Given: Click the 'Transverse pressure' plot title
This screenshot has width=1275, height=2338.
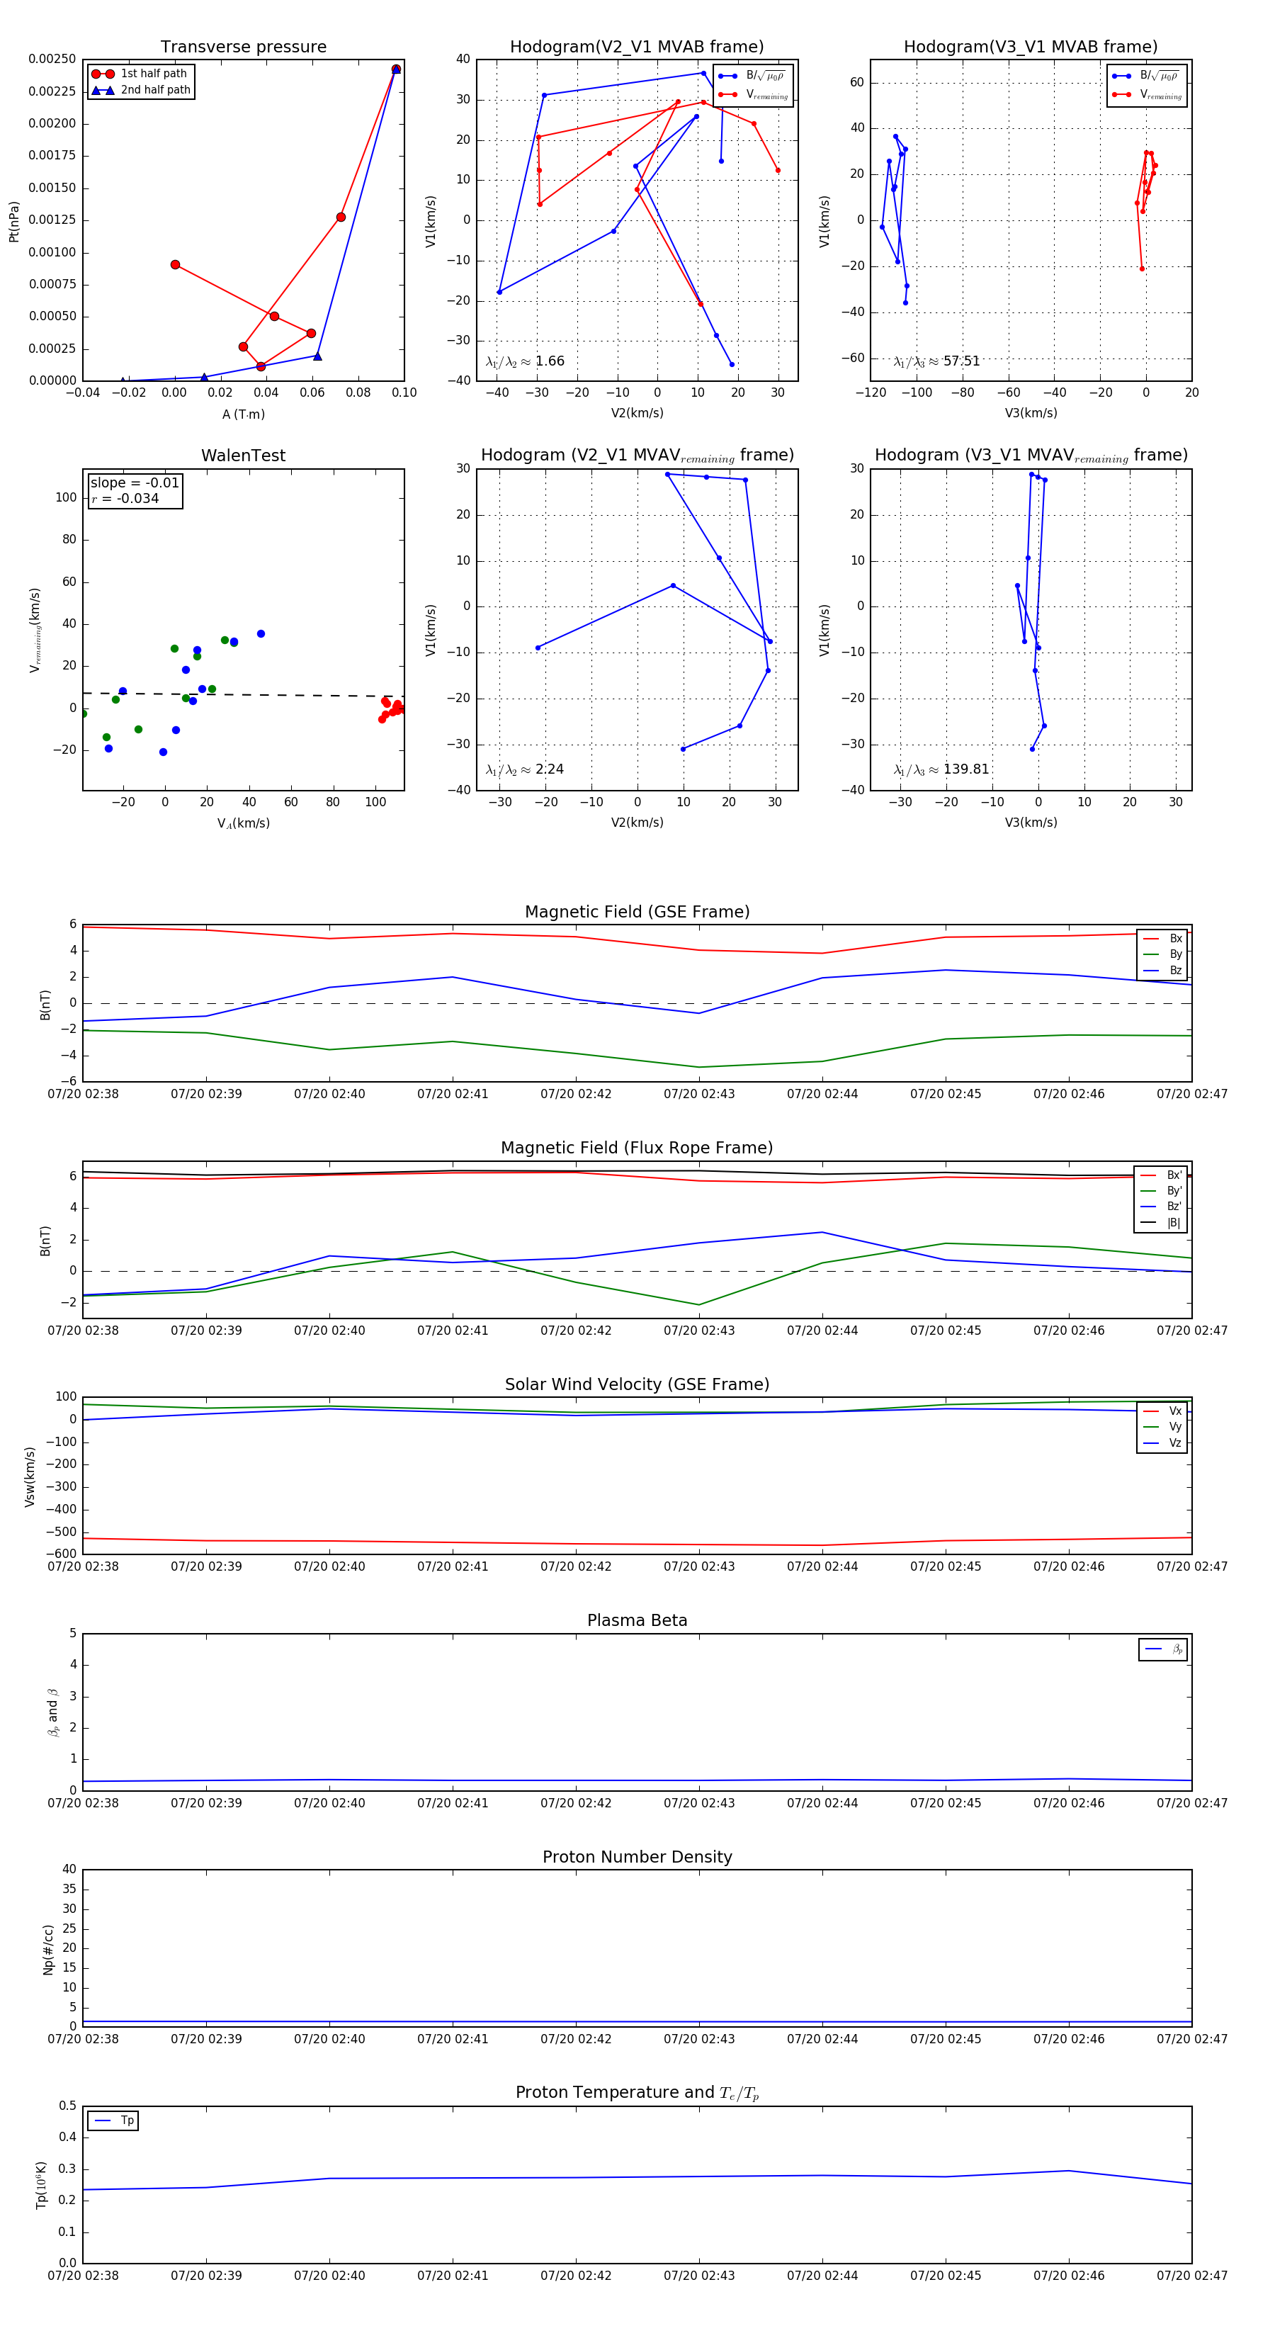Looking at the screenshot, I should click(243, 47).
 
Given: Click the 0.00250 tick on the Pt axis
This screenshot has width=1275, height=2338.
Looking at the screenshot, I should click(52, 59).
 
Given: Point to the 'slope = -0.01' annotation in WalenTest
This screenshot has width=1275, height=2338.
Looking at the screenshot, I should click(135, 483).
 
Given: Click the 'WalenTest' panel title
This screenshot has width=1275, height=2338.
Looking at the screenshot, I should click(243, 456).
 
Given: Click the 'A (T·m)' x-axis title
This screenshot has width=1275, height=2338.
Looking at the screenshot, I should click(243, 414).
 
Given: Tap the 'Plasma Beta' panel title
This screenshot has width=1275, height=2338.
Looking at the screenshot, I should click(637, 1620).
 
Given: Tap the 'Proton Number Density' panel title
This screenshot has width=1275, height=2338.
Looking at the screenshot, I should click(637, 1857).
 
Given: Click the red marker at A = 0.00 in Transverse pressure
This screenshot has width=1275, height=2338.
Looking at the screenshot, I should click(175, 265).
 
